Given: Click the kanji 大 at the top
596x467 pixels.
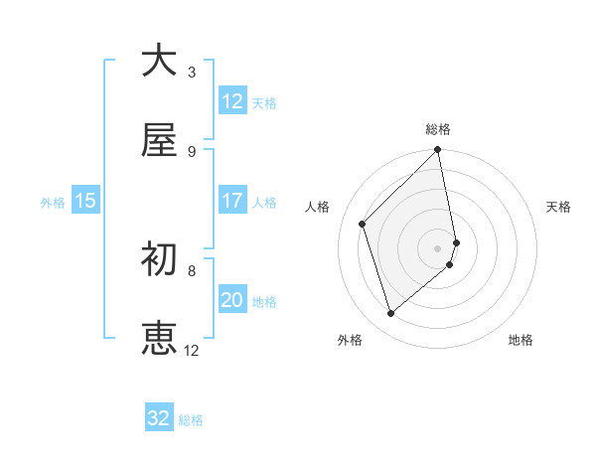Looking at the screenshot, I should (x=159, y=62).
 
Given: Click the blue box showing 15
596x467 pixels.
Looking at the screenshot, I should (x=85, y=201).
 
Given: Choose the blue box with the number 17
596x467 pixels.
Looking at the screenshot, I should (x=231, y=201).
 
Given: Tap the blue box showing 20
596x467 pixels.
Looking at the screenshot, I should (x=231, y=300).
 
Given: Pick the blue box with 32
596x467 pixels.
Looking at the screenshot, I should (x=159, y=418).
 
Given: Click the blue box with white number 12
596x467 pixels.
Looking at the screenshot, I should (x=231, y=101).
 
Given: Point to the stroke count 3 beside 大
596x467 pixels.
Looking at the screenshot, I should (x=192, y=72).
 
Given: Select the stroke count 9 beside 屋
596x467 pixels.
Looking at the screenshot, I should (x=192, y=151).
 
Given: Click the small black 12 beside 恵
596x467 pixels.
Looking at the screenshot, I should (x=192, y=350).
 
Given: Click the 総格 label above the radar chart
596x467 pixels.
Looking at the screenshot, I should (x=438, y=129).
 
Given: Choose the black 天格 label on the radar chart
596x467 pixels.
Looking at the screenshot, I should (x=559, y=207).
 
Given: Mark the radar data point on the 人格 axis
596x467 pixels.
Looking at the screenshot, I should (x=363, y=224).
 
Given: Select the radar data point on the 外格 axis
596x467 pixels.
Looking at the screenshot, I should (x=390, y=314).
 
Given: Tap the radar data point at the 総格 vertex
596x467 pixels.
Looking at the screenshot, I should (x=438, y=151).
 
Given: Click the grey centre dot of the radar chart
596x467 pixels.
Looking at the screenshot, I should (x=438, y=247).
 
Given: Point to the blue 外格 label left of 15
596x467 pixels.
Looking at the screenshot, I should (x=53, y=202).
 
